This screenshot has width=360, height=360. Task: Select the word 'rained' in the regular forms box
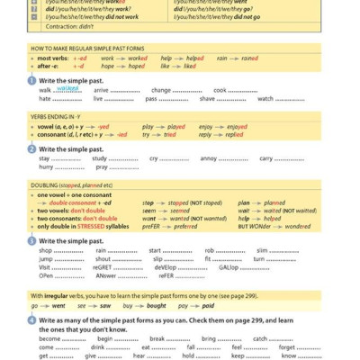pos(249,58)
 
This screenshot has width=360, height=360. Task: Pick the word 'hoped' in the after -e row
pos(133,66)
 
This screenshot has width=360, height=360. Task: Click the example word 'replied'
pos(236,135)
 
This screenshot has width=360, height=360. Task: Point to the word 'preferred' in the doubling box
pos(186,228)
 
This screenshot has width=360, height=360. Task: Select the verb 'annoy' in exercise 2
pos(210,158)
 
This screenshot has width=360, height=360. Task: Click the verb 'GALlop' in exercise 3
pos(228,267)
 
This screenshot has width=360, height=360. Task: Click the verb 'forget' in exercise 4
pos(287,346)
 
